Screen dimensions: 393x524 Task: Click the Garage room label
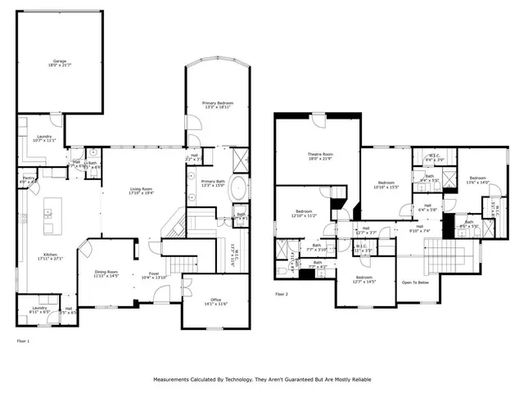[x=60, y=62]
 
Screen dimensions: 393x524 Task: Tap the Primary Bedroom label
[x=219, y=105]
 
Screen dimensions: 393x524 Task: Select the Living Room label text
[x=141, y=191]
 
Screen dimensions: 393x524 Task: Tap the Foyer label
[x=154, y=274]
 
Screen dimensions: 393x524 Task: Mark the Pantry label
[x=27, y=178]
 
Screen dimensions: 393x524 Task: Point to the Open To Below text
[x=415, y=283]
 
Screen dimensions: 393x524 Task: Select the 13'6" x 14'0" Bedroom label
[x=477, y=180]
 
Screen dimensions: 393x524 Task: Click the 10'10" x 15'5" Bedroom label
[x=387, y=184]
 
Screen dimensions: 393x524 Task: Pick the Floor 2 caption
[x=282, y=293]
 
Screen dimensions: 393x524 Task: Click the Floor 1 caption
[x=24, y=339]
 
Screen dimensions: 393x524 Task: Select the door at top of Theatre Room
[x=318, y=116]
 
